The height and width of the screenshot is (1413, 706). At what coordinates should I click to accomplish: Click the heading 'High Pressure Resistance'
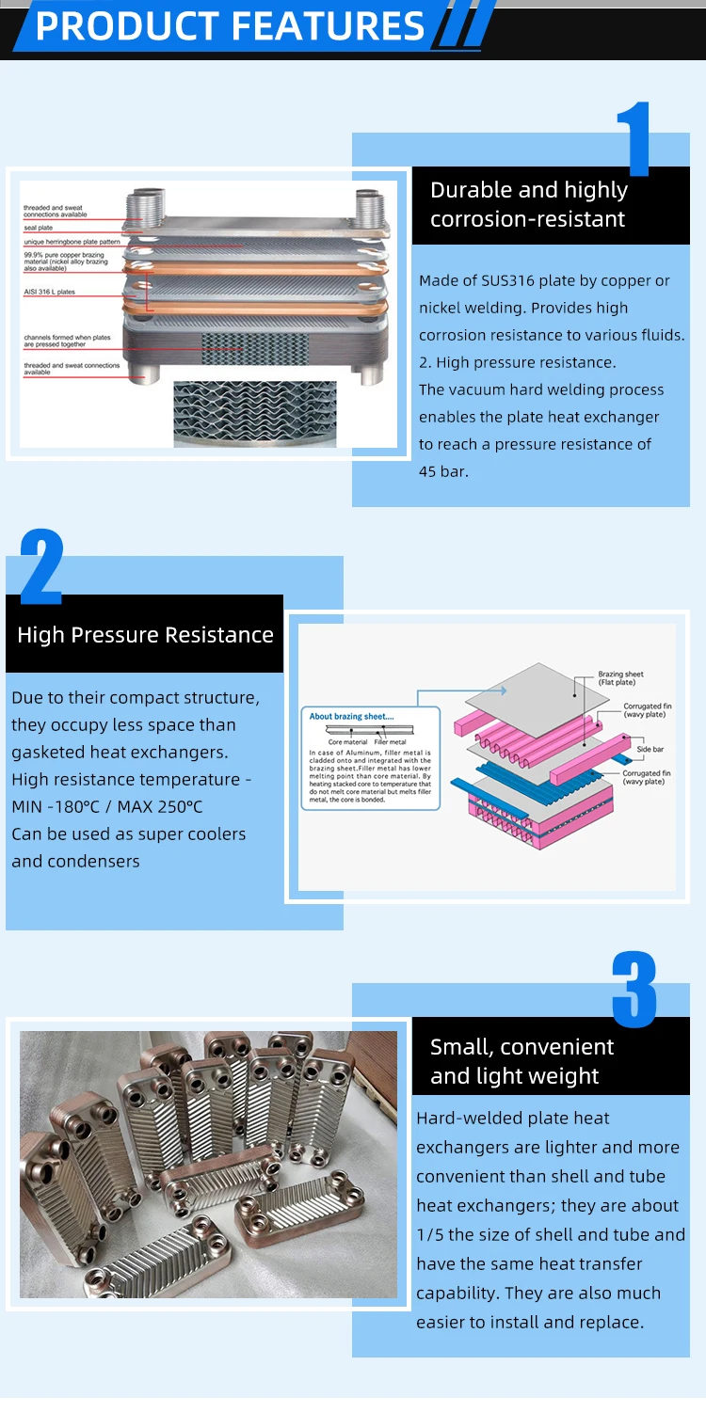(145, 635)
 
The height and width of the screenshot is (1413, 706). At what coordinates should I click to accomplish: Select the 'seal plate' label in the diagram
(39, 228)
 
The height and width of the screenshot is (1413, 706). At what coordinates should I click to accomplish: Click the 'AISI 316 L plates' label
(50, 293)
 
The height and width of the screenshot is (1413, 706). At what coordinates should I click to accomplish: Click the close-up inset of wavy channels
(254, 413)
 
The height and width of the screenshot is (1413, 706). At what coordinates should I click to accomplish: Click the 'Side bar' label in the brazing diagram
(650, 750)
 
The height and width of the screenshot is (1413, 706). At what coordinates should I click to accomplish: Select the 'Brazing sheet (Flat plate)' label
(620, 678)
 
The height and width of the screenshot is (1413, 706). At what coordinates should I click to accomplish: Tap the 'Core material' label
(347, 742)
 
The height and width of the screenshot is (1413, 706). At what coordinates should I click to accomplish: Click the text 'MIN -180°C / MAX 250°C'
(106, 807)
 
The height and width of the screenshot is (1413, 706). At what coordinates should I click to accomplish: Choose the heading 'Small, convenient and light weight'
(521, 1061)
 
